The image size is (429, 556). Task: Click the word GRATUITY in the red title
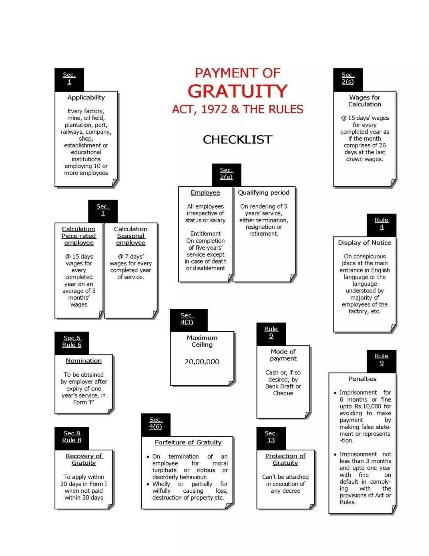pyautogui.click(x=237, y=91)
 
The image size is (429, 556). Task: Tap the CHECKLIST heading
pyautogui.click(x=237, y=140)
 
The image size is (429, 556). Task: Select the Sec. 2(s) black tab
pyautogui.click(x=348, y=80)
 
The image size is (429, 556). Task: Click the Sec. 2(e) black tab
pyautogui.click(x=226, y=175)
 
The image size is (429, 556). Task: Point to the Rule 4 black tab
pyautogui.click(x=381, y=225)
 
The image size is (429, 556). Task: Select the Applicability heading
pyautogui.click(x=86, y=98)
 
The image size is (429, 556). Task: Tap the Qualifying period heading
pyautogui.click(x=264, y=192)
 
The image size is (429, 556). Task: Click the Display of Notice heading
pyautogui.click(x=364, y=243)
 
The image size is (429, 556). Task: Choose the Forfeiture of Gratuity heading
pyautogui.click(x=188, y=442)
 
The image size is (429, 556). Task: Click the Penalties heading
pyautogui.click(x=362, y=379)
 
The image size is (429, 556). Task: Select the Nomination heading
pyautogui.click(x=84, y=361)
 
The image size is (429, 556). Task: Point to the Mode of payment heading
pyautogui.click(x=283, y=355)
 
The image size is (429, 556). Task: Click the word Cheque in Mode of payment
pyautogui.click(x=283, y=393)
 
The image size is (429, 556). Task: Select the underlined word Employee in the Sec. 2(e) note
pyautogui.click(x=205, y=192)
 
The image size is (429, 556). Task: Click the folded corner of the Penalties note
pyautogui.click(x=393, y=509)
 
